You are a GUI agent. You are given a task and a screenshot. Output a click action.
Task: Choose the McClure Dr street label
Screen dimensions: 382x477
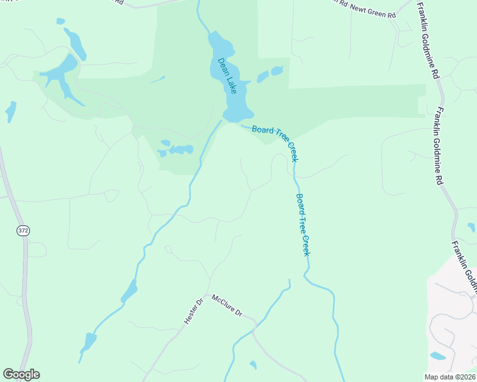(x=228, y=305)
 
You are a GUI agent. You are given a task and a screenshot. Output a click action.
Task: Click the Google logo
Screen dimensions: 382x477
(x=21, y=374)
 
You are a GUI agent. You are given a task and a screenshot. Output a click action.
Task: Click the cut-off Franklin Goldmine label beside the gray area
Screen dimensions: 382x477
(x=464, y=267)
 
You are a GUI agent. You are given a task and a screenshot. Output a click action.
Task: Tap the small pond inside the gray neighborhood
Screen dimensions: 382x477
(x=438, y=355)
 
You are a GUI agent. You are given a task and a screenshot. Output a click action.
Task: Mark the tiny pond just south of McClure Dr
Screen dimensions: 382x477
(x=253, y=365)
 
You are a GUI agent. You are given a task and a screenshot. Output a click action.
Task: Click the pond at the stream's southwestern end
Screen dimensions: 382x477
(x=88, y=342)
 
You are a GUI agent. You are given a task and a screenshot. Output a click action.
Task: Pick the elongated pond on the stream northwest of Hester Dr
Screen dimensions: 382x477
(x=129, y=291)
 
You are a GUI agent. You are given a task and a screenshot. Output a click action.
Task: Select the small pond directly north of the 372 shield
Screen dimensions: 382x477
(x=11, y=111)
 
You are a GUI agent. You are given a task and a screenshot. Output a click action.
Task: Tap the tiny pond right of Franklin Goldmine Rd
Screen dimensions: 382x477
(x=471, y=227)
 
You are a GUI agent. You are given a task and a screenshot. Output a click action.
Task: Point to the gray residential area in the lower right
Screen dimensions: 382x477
(x=453, y=318)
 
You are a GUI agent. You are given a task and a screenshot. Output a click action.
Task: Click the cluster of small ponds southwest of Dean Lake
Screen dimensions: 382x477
(x=175, y=150)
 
